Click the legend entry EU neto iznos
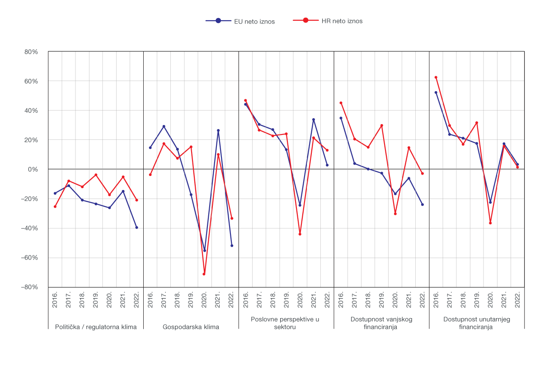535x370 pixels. pyautogui.click(x=240, y=21)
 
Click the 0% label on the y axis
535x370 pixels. pyautogui.click(x=33, y=169)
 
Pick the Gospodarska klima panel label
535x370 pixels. pyautogui.click(x=191, y=327)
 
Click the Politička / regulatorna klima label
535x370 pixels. pyautogui.click(x=95, y=327)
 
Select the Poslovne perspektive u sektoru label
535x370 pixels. pyautogui.click(x=285, y=323)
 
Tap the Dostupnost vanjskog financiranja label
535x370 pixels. pyautogui.click(x=381, y=323)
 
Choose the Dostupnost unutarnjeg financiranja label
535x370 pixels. pyautogui.click(x=476, y=323)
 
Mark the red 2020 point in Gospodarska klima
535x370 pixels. pyautogui.click(x=204, y=274)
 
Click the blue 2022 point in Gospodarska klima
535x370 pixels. pyautogui.click(x=232, y=245)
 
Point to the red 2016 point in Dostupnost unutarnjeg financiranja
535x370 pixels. pyautogui.click(x=436, y=77)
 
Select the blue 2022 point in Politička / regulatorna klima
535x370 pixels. pyautogui.click(x=136, y=227)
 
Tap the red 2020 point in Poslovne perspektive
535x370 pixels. pyautogui.click(x=300, y=234)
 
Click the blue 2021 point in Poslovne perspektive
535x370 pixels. pyautogui.click(x=314, y=120)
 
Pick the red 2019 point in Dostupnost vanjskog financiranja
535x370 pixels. pyautogui.click(x=382, y=125)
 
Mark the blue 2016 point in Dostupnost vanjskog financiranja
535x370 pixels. pyautogui.click(x=341, y=118)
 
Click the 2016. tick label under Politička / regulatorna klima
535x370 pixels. pyautogui.click(x=55, y=299)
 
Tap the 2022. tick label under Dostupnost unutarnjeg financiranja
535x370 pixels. pyautogui.click(x=517, y=299)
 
